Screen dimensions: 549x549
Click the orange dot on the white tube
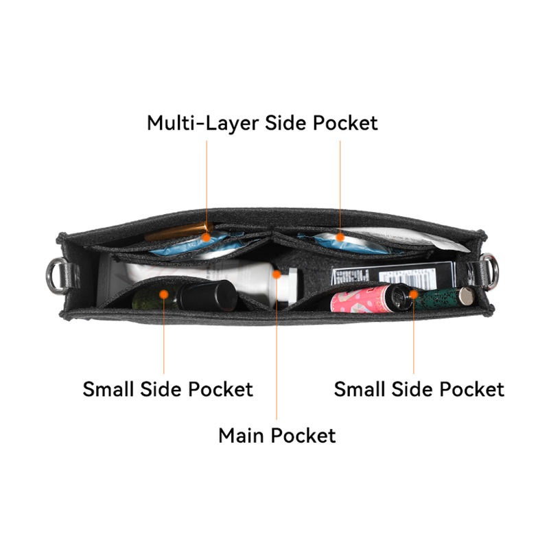[x=277, y=274]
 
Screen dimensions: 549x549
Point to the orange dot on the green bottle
[x=164, y=293]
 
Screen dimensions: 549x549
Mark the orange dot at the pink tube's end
[x=413, y=294]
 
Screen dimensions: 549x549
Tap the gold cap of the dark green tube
[x=466, y=296]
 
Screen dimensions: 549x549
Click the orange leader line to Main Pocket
[x=277, y=357]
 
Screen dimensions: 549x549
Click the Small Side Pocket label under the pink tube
[x=419, y=389]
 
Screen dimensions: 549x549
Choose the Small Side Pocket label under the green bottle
[x=167, y=389]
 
